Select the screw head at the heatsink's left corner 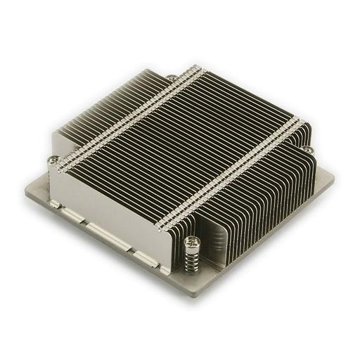pyautogui.click(x=53, y=160)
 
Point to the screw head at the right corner pyautogui.click(x=307, y=148)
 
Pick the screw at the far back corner pyautogui.click(x=171, y=77)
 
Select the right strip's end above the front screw pyautogui.click(x=163, y=226)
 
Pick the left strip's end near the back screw pyautogui.click(x=197, y=72)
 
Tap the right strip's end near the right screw pyautogui.click(x=299, y=124)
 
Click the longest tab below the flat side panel pyautogui.click(x=105, y=236)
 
